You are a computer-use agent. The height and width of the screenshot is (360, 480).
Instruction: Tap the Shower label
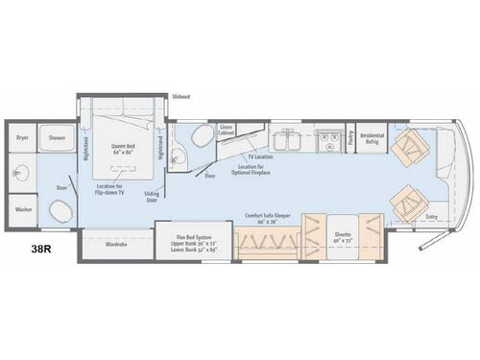tap(58, 138)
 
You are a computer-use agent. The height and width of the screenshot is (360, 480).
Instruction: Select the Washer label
tap(22, 208)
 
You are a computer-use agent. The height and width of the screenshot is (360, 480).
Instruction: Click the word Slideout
tap(181, 98)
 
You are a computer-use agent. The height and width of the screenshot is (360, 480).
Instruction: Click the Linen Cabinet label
tap(227, 131)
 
